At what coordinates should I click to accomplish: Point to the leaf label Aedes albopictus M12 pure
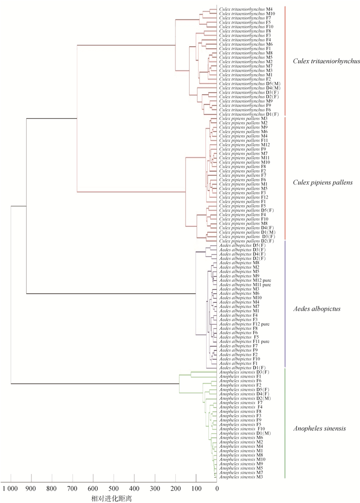coord(245,280)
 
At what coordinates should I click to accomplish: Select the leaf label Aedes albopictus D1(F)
coord(242,368)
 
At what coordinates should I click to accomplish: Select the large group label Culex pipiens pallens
coord(322,183)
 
